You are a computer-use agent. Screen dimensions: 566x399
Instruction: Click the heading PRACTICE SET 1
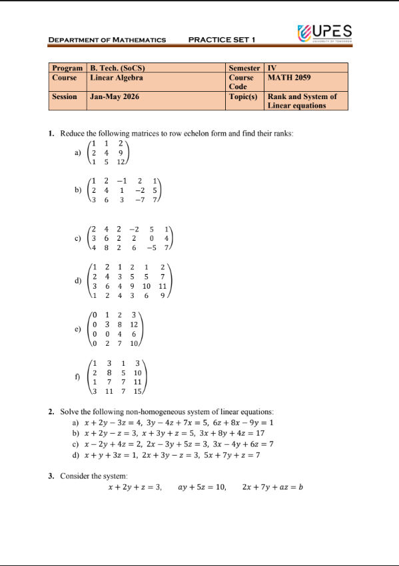pos(222,40)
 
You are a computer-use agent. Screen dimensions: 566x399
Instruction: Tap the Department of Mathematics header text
pos(107,40)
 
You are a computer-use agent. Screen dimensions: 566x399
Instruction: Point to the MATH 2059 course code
pos(288,77)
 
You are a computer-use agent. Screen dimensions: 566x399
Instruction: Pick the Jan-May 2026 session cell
pos(115,96)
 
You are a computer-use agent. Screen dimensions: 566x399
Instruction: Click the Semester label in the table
pos(244,68)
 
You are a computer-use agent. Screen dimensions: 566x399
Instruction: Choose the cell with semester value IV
pos(271,68)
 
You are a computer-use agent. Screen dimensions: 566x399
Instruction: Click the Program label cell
pos(68,68)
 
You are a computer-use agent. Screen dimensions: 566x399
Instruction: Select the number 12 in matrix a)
pos(121,162)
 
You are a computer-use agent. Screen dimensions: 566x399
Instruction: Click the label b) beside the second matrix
pos(79,190)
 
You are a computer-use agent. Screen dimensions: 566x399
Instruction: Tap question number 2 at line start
pos(51,412)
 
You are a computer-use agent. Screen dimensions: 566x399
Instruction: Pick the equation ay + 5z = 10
pos(202,487)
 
